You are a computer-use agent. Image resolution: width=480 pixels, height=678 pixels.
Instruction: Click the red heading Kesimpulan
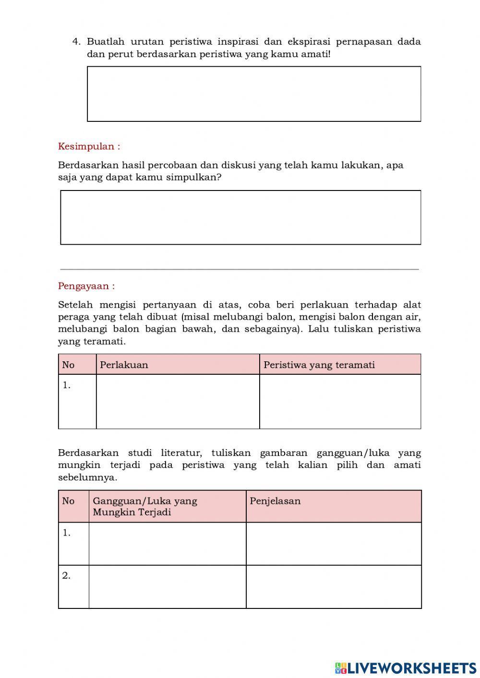(x=89, y=146)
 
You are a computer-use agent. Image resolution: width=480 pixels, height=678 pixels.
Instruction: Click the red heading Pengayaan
(x=86, y=286)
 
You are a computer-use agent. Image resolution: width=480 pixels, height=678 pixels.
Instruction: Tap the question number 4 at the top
(x=76, y=41)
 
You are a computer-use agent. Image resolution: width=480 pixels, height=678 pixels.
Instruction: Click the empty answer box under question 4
(x=254, y=94)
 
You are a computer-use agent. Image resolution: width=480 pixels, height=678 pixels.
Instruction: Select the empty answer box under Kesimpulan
(x=240, y=217)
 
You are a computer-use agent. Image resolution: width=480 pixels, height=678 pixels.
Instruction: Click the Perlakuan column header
(x=124, y=365)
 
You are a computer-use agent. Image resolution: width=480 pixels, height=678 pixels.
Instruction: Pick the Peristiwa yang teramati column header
(x=319, y=365)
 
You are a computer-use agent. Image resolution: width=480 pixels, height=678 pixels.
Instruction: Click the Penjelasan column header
(x=275, y=501)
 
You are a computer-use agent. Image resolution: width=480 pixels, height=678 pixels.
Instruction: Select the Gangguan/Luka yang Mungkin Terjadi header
(x=145, y=506)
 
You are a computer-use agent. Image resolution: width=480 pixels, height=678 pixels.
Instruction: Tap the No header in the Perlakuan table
(x=69, y=365)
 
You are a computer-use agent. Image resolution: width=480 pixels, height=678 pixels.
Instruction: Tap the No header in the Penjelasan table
(x=69, y=501)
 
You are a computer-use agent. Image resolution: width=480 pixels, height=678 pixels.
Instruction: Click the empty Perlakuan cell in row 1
(x=178, y=402)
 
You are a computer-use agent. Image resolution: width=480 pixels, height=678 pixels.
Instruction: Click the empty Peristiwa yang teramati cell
(x=340, y=402)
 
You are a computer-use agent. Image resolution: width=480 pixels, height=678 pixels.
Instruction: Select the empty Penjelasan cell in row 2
(x=334, y=586)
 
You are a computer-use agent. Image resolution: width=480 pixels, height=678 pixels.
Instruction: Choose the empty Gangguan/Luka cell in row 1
(x=167, y=544)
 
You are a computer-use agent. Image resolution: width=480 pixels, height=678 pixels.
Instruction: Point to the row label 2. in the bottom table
(x=66, y=575)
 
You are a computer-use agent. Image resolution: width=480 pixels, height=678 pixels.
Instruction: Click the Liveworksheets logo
(x=406, y=667)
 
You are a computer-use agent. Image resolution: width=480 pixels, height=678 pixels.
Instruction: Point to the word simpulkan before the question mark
(x=194, y=178)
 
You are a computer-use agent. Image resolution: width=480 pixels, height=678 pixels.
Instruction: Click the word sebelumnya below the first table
(x=87, y=477)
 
